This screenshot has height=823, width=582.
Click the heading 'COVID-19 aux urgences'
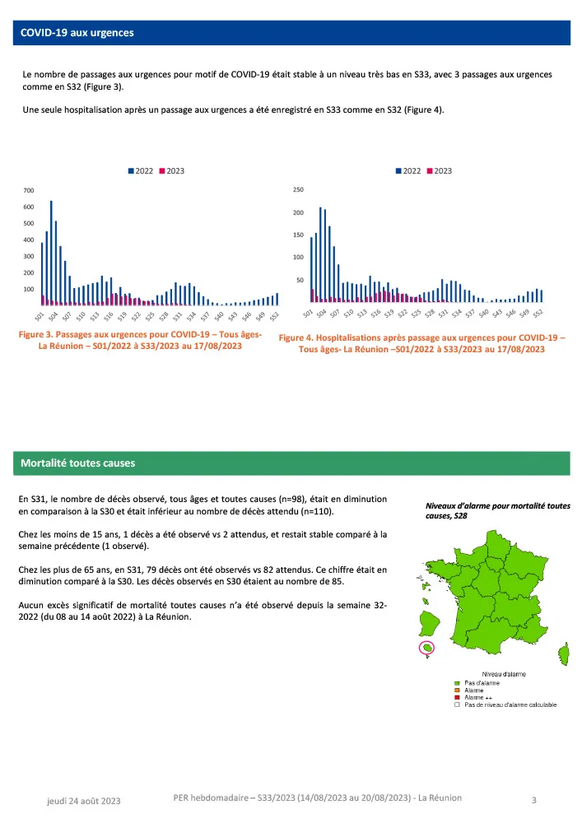coord(77,33)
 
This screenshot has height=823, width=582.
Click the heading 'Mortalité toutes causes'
coord(78,463)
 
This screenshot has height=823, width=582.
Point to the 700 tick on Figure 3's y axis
coord(30,191)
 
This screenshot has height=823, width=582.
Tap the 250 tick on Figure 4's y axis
coord(299,190)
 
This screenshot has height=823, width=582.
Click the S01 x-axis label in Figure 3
coord(39,316)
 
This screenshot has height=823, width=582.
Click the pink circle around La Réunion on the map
coord(429,648)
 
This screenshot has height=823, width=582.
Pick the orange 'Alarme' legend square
coord(457,690)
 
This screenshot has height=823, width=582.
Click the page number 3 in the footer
coord(534,800)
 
